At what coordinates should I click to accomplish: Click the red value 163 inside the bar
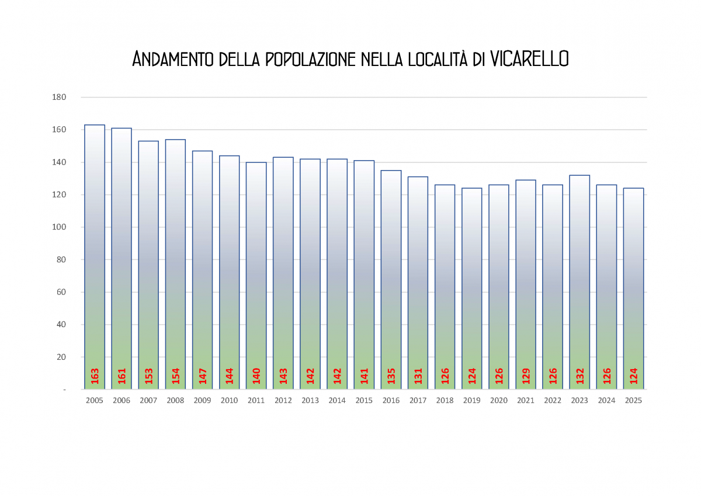point(95,376)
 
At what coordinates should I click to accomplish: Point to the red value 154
point(175,376)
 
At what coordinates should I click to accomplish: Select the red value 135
point(391,376)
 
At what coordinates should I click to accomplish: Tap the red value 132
point(579,376)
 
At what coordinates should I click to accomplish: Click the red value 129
point(526,376)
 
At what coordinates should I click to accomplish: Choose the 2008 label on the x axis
point(175,401)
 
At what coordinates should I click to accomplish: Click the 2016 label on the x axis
point(391,401)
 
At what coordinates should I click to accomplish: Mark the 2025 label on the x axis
point(633,401)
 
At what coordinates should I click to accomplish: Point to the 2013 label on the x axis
point(310,401)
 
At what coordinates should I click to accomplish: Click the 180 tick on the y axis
point(60,97)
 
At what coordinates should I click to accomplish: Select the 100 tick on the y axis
point(60,227)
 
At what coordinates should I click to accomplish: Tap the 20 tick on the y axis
point(61,357)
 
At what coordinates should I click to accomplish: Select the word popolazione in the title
point(310,59)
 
